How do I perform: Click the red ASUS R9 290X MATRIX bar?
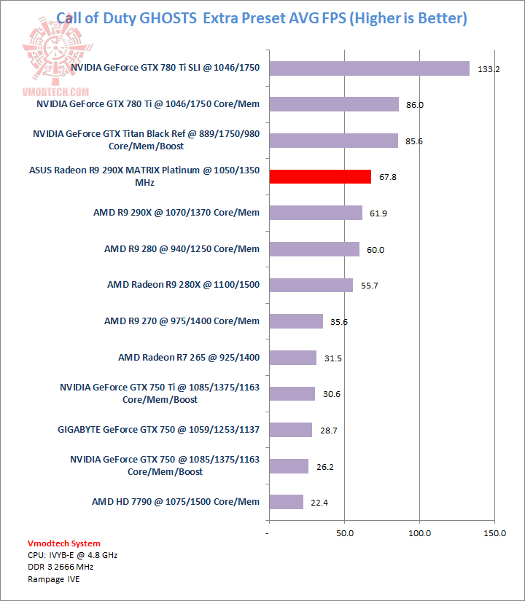(320, 176)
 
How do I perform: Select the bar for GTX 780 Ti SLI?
(369, 68)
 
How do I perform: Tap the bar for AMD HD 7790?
(286, 502)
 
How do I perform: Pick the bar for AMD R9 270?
(296, 321)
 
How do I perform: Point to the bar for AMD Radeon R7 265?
(292, 358)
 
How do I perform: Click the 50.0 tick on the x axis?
(345, 534)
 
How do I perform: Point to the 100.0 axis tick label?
(420, 534)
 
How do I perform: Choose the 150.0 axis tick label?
(495, 534)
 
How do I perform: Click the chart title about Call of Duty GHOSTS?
(262, 18)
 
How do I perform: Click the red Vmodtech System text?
(63, 543)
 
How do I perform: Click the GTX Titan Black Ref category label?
(146, 141)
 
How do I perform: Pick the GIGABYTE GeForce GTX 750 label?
(158, 429)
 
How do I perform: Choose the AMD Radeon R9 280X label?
(183, 285)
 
